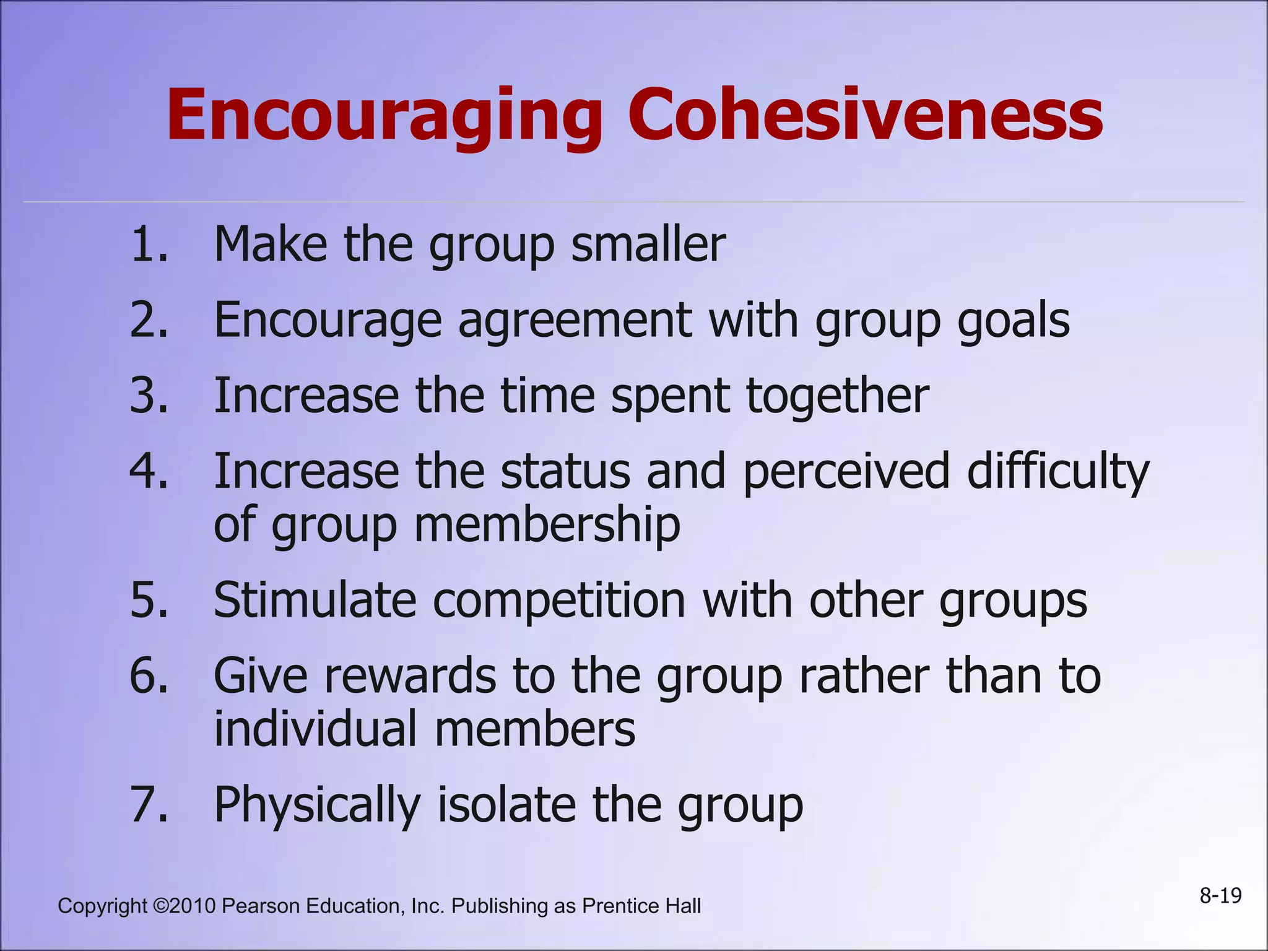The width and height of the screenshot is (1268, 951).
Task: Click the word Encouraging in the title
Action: [384, 116]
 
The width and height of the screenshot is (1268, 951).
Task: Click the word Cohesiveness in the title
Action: [866, 115]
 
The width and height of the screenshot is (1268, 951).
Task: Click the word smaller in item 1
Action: [648, 245]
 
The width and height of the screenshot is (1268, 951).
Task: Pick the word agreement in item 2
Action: [575, 321]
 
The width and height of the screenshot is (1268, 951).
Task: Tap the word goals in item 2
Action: [1014, 321]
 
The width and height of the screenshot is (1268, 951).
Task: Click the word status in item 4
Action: [565, 471]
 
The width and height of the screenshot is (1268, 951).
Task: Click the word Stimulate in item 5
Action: [315, 601]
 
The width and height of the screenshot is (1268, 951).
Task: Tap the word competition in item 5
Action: [559, 601]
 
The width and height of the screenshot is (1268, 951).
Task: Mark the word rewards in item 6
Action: [410, 676]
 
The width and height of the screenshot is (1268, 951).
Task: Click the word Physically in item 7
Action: [317, 806]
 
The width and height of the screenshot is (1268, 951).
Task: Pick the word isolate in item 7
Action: [506, 804]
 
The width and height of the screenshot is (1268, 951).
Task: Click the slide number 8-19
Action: [1220, 896]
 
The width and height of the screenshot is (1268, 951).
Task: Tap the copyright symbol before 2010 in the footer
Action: [160, 906]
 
